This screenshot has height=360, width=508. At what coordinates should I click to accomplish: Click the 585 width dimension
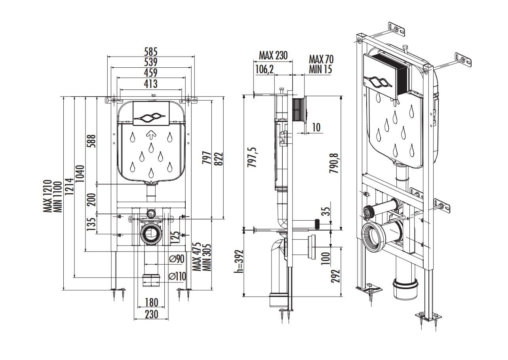coord(151,52)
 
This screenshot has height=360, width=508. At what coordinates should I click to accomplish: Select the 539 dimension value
coord(151,62)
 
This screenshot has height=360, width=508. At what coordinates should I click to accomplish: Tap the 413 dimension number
coord(151,84)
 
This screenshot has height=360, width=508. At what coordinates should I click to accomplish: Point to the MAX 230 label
coord(273,55)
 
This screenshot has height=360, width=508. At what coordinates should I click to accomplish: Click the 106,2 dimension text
coord(264,69)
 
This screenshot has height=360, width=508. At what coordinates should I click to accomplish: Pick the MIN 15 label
coord(320,69)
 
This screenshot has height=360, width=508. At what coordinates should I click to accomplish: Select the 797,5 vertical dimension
coord(252,157)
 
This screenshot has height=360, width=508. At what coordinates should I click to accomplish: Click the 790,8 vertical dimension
coord(334,163)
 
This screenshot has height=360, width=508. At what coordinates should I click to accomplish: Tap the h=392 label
coord(239,261)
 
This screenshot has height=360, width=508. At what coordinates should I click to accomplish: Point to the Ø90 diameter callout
coord(177,259)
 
